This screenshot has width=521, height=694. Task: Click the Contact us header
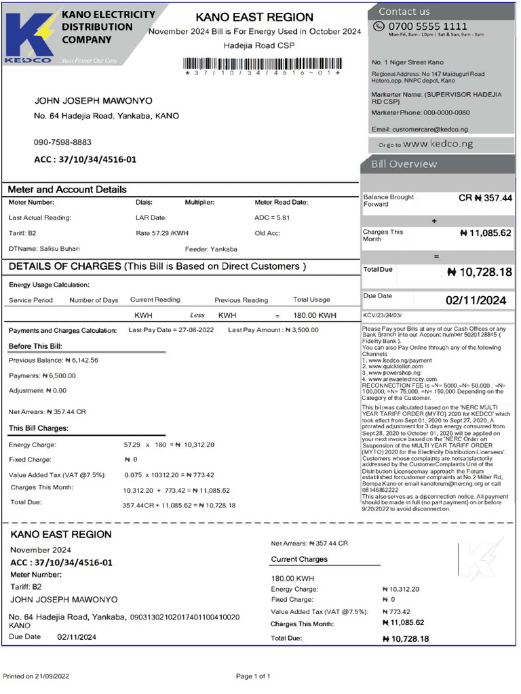click(404, 11)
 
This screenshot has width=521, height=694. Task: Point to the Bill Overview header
click(404, 164)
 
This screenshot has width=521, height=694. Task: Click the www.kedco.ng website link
click(438, 144)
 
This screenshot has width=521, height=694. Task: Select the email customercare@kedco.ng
click(420, 129)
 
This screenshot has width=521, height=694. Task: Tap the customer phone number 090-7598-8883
click(62, 142)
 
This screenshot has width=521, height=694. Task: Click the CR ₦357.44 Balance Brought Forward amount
click(485, 199)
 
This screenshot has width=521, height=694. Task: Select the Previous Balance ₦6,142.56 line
click(54, 361)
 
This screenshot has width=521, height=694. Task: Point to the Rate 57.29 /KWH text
click(162, 233)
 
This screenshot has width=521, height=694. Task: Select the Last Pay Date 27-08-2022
click(170, 330)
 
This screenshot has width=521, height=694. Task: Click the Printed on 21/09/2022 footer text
click(36, 676)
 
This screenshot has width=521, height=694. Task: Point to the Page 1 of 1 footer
click(253, 676)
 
